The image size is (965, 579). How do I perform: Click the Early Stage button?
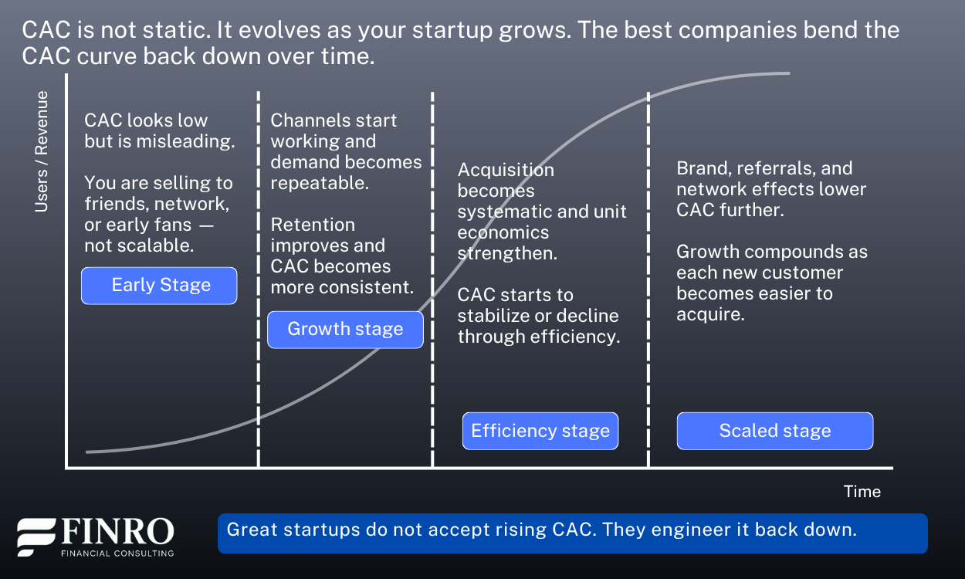pos(160,286)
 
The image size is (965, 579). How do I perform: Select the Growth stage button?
pos(345,330)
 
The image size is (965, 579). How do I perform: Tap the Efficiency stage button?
pos(540,431)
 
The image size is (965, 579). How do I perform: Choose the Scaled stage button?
pos(775,431)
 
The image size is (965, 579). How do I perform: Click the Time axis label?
pos(862,492)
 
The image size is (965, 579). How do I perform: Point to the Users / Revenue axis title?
pos(42,151)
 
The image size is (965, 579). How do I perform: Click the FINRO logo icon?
pos(36,537)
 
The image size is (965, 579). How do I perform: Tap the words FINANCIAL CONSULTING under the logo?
pos(117,553)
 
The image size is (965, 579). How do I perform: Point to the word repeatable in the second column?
pos(320,183)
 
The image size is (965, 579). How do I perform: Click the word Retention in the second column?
pos(313,225)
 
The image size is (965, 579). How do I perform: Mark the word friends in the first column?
pos(113,204)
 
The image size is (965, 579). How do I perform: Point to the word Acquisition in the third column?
pos(506,170)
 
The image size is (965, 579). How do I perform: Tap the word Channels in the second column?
pos(307,120)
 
